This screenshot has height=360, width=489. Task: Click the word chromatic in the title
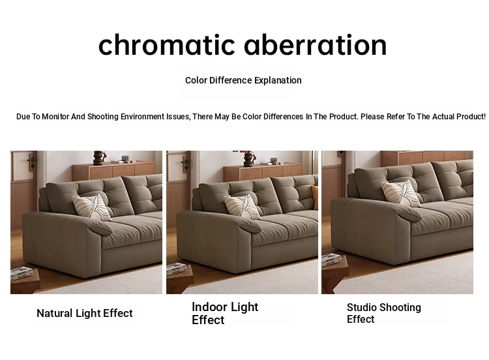tap(166, 44)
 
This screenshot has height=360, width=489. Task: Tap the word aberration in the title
tap(316, 44)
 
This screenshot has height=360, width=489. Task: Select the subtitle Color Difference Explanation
tap(243, 80)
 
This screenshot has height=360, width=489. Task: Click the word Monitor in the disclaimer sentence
tap(55, 117)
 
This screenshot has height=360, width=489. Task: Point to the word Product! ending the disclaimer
tap(471, 117)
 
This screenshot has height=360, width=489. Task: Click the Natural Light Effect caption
tap(85, 313)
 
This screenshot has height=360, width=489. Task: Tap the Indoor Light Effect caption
tap(225, 313)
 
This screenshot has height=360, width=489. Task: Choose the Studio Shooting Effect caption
tap(384, 313)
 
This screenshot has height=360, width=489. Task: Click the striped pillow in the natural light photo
tap(91, 207)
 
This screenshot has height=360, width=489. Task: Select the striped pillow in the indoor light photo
tap(242, 206)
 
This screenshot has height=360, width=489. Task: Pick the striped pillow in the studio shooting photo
tap(401, 193)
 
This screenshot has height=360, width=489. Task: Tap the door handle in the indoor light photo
tap(186, 162)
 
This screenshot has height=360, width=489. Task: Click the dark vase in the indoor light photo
tap(249, 158)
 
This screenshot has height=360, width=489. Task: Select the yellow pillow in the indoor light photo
tap(314, 197)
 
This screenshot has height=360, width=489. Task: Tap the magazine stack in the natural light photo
tap(22, 273)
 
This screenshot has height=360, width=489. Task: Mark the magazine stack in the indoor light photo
tap(177, 269)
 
